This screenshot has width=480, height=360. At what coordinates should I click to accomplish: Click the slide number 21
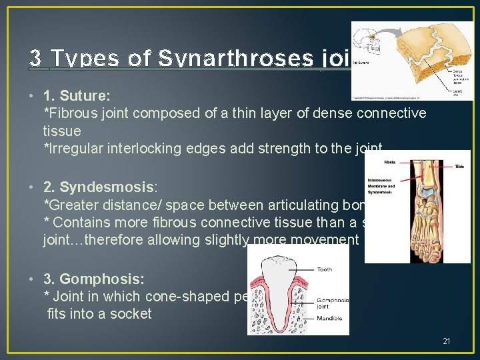pos(446,341)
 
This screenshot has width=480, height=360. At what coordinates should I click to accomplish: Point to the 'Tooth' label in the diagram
pos(325,270)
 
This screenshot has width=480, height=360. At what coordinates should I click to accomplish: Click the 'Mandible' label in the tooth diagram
pos(329,318)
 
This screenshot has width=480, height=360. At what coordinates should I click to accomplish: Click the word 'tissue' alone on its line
pos(62,131)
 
